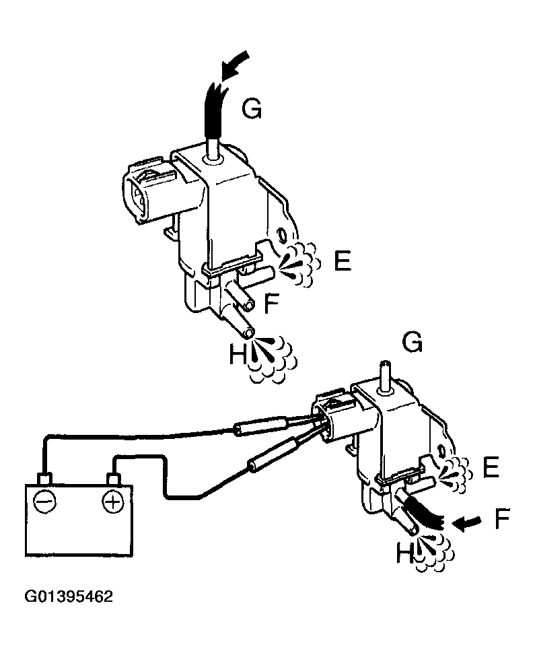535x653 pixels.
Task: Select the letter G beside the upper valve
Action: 252,108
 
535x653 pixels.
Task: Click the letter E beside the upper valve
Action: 342,261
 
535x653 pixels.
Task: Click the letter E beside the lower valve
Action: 491,467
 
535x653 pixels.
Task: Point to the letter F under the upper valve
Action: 271,305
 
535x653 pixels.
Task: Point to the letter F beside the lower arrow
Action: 502,519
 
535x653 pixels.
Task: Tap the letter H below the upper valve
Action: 238,354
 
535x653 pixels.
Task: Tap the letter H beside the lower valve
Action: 404,553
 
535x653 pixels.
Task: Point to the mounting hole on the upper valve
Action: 282,236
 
